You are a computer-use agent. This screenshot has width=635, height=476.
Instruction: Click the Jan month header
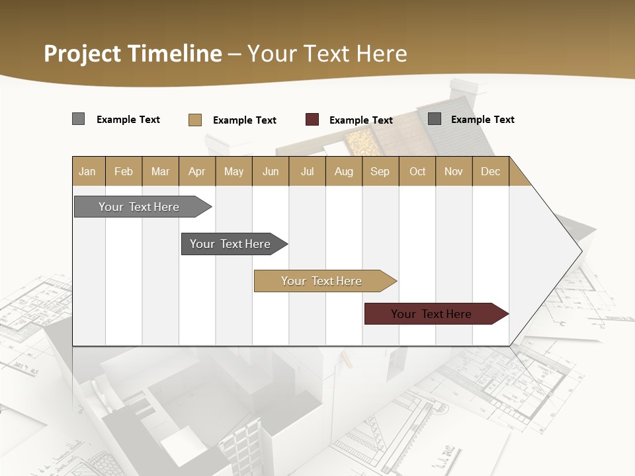coord(87,172)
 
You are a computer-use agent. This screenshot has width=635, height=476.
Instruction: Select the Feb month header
coord(124,172)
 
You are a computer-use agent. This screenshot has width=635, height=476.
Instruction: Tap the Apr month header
coord(196,172)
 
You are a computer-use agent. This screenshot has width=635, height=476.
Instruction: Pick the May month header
coord(233,172)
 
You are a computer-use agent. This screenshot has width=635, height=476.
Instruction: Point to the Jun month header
coord(271,172)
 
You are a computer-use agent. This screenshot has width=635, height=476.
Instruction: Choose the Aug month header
coord(343,172)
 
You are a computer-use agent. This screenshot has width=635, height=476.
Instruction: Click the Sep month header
coord(380,172)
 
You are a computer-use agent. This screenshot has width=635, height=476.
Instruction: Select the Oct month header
coord(417,172)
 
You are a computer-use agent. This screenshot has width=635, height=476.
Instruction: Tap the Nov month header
coord(454,172)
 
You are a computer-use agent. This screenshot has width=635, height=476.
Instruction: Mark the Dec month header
coord(490,172)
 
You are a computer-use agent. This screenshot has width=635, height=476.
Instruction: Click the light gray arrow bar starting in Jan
coord(140,207)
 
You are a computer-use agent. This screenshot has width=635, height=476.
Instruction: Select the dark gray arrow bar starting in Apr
coord(231,244)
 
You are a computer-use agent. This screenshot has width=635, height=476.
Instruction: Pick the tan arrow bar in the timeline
coord(322,281)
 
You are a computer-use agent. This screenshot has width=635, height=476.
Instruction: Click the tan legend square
coord(194,120)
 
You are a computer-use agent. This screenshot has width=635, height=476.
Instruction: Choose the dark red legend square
coord(312,120)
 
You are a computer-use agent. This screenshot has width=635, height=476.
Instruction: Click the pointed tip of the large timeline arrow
coord(581,251)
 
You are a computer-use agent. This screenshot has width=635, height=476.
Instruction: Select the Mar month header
coord(160,172)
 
